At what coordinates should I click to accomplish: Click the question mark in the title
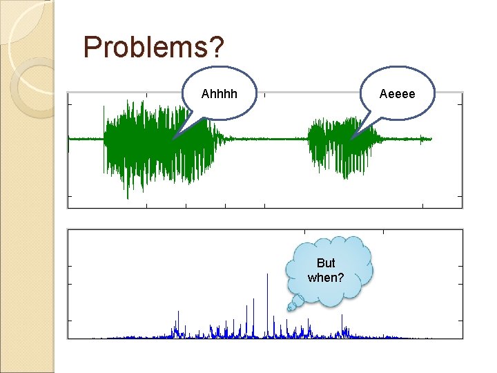click(217, 47)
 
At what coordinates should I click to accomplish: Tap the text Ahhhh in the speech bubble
click(219, 93)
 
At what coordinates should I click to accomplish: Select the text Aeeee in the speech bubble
click(398, 93)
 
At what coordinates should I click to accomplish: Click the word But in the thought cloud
click(325, 263)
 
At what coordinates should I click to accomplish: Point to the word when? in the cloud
click(325, 277)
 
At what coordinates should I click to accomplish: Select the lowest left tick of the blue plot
click(69, 321)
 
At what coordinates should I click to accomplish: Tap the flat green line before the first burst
click(86, 139)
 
